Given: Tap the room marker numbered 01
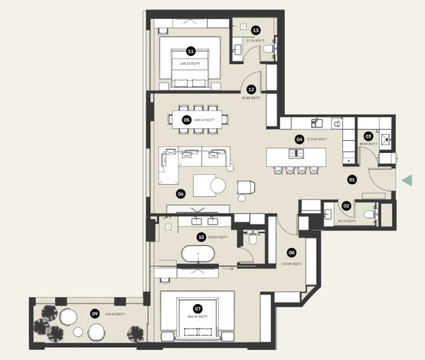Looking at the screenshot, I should (x=352, y=179).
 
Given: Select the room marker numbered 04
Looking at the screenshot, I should (x=299, y=139).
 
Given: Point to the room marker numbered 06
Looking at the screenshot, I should (x=179, y=193).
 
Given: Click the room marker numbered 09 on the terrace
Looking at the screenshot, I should (x=95, y=313).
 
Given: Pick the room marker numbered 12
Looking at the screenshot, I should (x=251, y=88).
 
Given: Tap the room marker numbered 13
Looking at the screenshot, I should (x=255, y=29).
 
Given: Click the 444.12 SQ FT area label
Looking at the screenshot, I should (x=204, y=120).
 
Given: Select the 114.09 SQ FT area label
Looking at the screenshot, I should (x=291, y=264).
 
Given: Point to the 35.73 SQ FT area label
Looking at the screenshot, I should (x=346, y=221).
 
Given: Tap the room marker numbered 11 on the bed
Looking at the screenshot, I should (x=191, y=52).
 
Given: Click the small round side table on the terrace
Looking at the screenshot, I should (x=78, y=332).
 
